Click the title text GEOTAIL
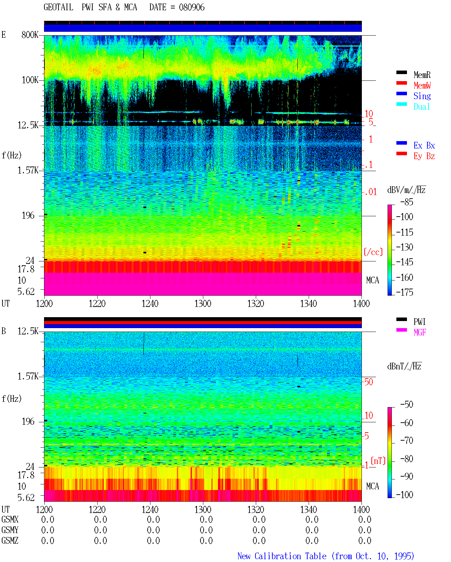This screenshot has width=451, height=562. pyautogui.click(x=58, y=7)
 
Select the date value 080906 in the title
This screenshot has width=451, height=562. pyautogui.click(x=192, y=7)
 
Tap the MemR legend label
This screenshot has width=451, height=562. pyautogui.click(x=422, y=75)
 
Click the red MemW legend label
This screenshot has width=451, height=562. pyautogui.click(x=422, y=85)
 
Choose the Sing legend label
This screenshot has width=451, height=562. pyautogui.click(x=422, y=96)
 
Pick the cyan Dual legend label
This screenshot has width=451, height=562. pyautogui.click(x=422, y=107)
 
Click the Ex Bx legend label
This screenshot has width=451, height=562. pyautogui.click(x=424, y=145)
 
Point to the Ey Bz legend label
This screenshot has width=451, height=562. pyautogui.click(x=424, y=156)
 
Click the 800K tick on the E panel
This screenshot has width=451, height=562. pyautogui.click(x=30, y=35)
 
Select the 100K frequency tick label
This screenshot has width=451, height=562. pyautogui.click(x=30, y=80)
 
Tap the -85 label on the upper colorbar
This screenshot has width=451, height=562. pyautogui.click(x=407, y=202)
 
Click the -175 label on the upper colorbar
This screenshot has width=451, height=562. pyautogui.click(x=404, y=292)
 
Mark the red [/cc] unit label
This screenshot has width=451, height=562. pyautogui.click(x=373, y=252)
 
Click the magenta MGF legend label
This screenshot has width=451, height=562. pyautogui.click(x=420, y=332)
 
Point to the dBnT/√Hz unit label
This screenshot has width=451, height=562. pyautogui.click(x=404, y=366)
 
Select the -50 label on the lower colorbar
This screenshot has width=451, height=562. pyautogui.click(x=407, y=405)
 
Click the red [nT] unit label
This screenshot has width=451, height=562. pyautogui.click(x=378, y=461)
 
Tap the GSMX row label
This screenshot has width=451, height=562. pyautogui.click(x=10, y=519)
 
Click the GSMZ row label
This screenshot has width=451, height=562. pyautogui.click(x=10, y=540)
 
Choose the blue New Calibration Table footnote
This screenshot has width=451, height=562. pyautogui.click(x=326, y=556)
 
